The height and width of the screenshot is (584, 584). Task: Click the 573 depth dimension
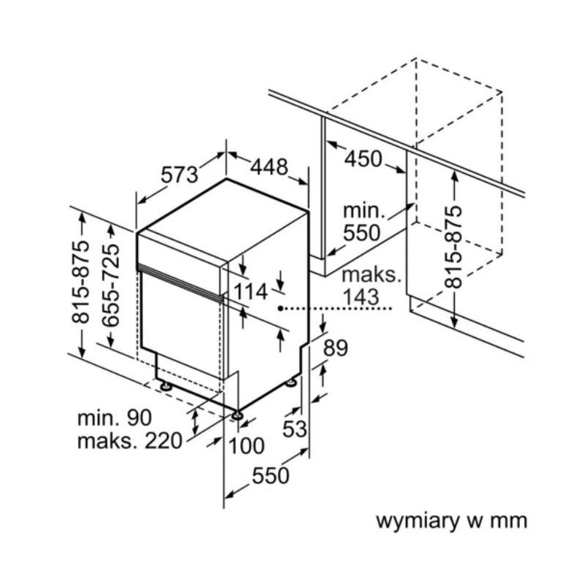pos(180,174)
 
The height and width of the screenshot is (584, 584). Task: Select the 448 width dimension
pos(269,168)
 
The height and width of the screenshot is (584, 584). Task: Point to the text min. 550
pos(363,222)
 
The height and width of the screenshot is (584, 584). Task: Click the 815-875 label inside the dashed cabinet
pos(454,246)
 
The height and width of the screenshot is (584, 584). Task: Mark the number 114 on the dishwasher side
pos(251,292)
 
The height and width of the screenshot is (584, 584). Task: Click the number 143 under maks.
pos(359,296)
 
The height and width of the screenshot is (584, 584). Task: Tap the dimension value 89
pos(336,348)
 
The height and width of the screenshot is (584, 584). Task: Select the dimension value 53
pos(295,429)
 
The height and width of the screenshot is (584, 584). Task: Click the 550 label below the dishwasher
pos(271,476)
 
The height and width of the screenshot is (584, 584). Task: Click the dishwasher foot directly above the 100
pos(238,416)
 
